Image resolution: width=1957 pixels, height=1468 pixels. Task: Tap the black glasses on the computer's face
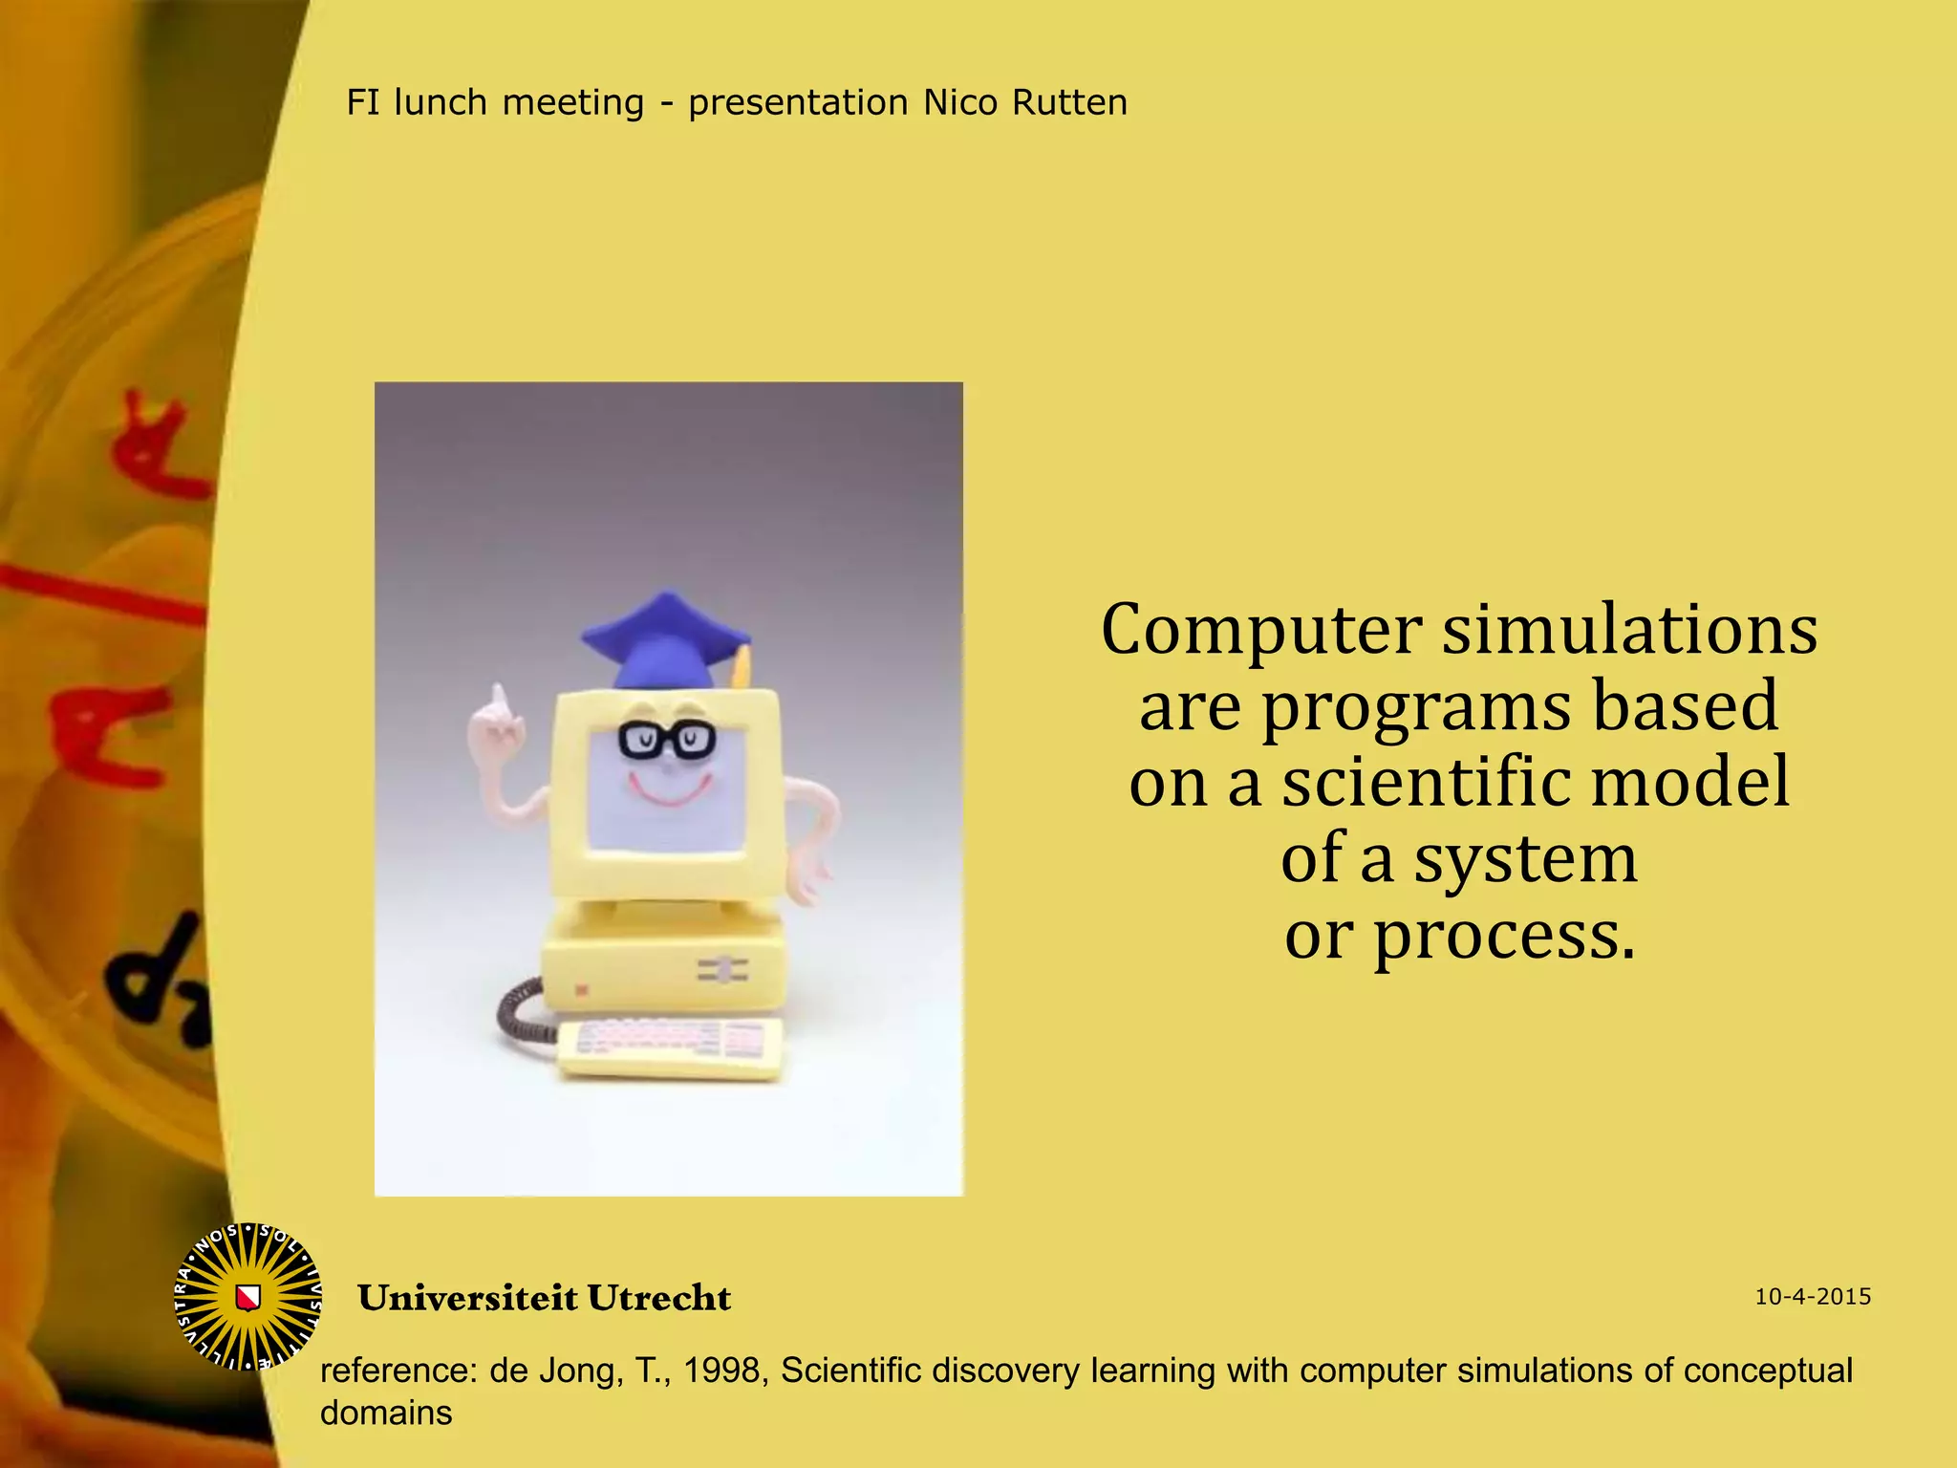click(666, 739)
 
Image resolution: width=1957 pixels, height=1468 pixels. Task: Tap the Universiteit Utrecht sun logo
click(248, 1297)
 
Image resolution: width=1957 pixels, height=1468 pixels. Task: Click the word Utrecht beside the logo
click(658, 1298)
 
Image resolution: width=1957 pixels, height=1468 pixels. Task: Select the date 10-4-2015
click(1813, 1297)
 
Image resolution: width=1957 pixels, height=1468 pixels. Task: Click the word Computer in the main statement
click(1261, 631)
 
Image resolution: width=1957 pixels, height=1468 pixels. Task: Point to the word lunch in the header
click(441, 102)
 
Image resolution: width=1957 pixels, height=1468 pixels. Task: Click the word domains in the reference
click(386, 1413)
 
